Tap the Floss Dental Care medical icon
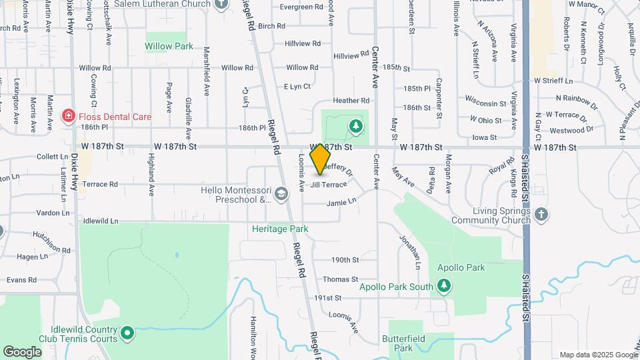67,117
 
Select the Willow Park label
169,47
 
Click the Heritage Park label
280,229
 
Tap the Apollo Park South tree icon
444,287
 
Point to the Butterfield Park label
403,343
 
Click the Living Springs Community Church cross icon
541,214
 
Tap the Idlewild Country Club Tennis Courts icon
128,332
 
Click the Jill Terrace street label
329,185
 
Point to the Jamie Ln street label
341,201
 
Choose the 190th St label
345,260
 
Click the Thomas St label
340,279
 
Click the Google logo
22,351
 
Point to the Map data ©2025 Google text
597,355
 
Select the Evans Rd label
22,280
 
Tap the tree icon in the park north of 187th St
356,125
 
